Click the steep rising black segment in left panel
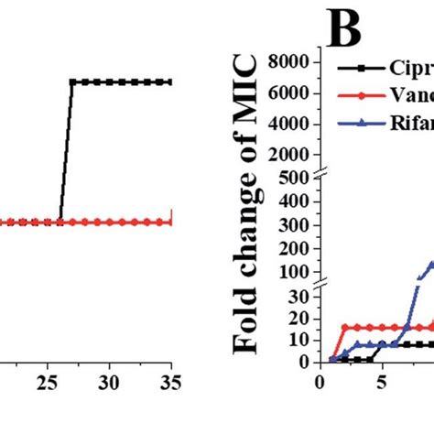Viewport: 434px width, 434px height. click(66, 151)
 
